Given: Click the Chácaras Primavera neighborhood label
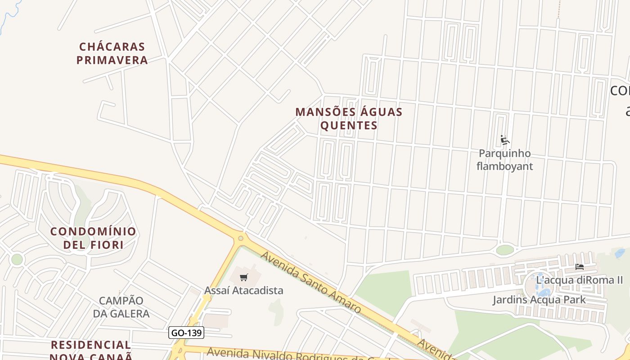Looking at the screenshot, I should [x=112, y=54].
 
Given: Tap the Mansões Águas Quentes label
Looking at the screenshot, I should [x=349, y=118].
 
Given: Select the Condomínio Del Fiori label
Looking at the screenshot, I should [x=93, y=238].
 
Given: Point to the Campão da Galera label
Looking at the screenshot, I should [x=121, y=307].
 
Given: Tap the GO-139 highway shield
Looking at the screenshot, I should [x=186, y=333].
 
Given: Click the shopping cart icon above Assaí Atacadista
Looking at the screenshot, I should [x=244, y=277].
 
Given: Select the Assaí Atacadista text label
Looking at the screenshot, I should [x=244, y=290].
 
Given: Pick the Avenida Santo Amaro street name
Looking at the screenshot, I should [x=310, y=282].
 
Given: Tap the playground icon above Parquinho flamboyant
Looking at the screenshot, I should [x=504, y=140].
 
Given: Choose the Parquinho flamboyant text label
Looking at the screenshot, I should [x=504, y=160].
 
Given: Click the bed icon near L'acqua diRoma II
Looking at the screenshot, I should [x=579, y=267].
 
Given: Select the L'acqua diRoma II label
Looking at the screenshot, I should [x=579, y=280].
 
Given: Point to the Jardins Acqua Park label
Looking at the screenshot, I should [x=539, y=300].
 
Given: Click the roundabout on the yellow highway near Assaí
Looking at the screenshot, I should [x=241, y=238].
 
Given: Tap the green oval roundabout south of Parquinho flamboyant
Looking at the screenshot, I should [x=505, y=250].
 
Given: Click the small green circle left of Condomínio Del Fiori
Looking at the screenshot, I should [x=17, y=259].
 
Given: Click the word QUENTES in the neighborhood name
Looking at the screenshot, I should [x=349, y=125].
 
